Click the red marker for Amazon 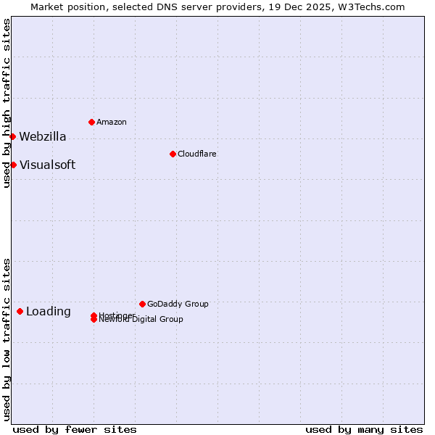point(91,122)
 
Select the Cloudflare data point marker point(173,154)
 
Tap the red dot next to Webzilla point(12,136)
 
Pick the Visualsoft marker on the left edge point(13,165)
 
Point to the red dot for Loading point(20,311)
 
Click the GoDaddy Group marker point(142,304)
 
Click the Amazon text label point(112,122)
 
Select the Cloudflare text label point(197,154)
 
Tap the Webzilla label point(43,136)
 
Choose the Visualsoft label point(47,165)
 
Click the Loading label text point(49,312)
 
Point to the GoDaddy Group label point(178,304)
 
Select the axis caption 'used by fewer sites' point(75,429)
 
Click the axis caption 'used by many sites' point(364,429)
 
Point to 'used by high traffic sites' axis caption point(7,103)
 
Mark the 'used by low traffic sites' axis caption point(7,339)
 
